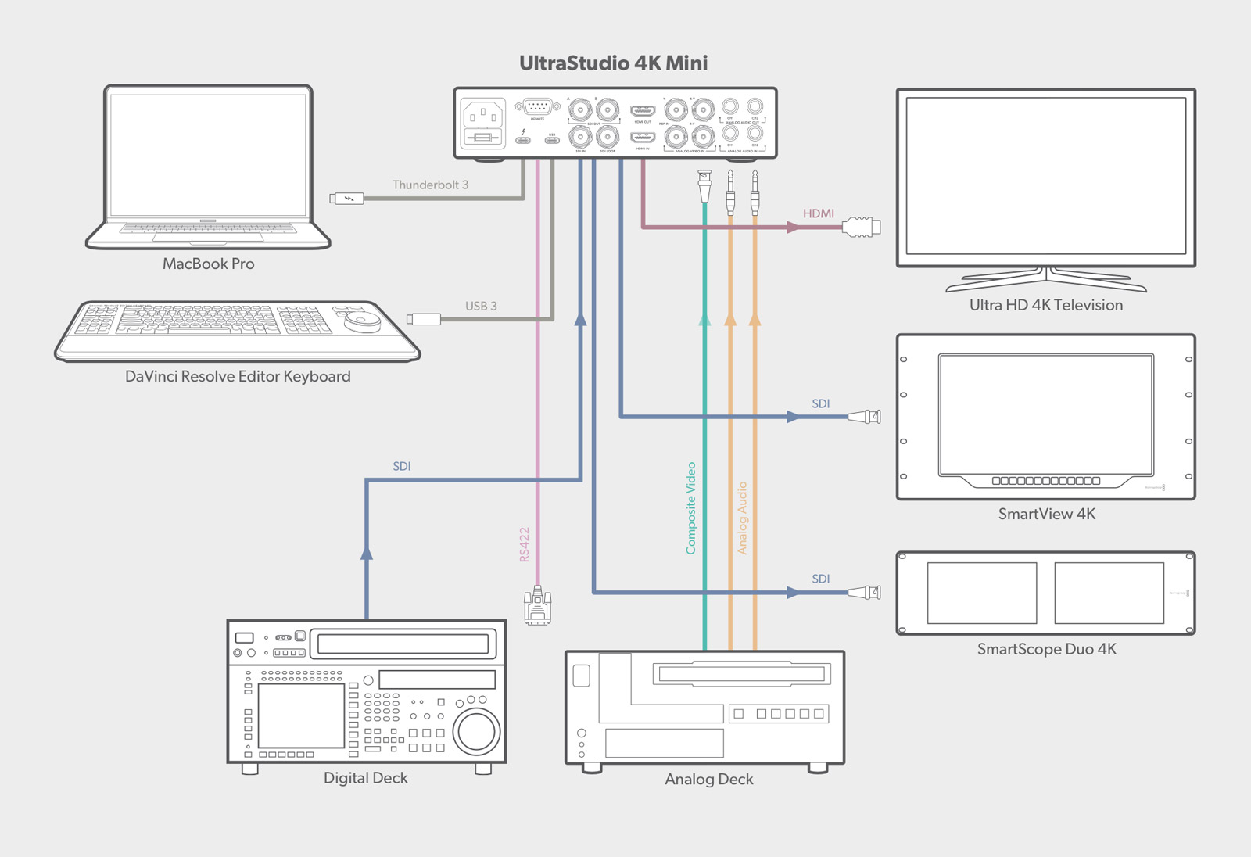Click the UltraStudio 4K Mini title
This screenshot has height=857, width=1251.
point(613,63)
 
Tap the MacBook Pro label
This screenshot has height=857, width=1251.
point(208,264)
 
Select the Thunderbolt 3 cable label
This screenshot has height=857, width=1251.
point(430,185)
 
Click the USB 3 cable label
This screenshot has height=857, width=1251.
point(481,307)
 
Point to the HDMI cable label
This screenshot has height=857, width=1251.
point(818,213)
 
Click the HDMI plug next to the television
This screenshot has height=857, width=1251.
point(861,228)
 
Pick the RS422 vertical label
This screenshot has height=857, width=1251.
point(525,544)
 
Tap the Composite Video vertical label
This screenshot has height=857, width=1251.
point(690,508)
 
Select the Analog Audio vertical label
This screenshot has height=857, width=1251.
point(742,518)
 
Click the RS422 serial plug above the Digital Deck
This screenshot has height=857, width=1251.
point(537,605)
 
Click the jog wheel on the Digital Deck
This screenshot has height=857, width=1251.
point(476,731)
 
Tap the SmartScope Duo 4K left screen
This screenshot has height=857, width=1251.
point(981,593)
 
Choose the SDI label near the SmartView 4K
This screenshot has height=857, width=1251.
point(820,404)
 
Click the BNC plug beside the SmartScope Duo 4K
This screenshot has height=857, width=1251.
point(865,593)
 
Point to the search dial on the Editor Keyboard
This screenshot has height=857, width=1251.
point(361,321)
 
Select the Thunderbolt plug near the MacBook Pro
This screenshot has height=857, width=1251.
point(346,199)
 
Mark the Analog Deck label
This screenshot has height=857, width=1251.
point(708,780)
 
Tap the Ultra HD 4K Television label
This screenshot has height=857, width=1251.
point(1045,306)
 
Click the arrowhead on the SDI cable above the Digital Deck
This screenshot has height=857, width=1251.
point(366,552)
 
